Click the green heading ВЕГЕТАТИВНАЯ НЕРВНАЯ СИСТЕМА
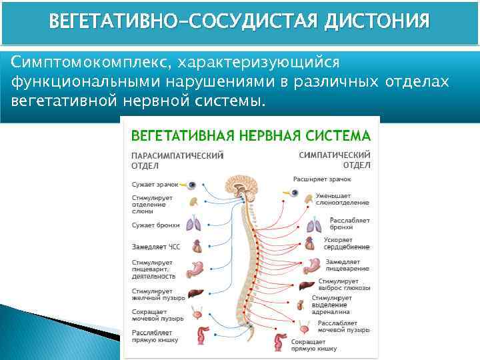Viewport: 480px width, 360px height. pyautogui.click(x=250, y=136)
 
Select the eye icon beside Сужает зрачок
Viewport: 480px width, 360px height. pyautogui.click(x=191, y=184)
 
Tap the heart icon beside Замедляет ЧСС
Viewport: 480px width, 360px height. pyautogui.click(x=197, y=246)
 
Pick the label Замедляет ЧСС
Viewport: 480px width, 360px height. pyautogui.click(x=156, y=247)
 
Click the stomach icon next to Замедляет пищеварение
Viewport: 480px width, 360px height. pyautogui.click(x=311, y=266)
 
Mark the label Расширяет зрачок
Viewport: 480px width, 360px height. pyautogui.click(x=322, y=179)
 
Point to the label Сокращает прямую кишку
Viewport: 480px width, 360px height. pyautogui.click(x=308, y=345)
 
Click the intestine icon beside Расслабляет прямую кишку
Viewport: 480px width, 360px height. pyautogui.click(x=200, y=334)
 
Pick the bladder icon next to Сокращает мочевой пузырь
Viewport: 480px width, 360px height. pyautogui.click(x=197, y=313)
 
